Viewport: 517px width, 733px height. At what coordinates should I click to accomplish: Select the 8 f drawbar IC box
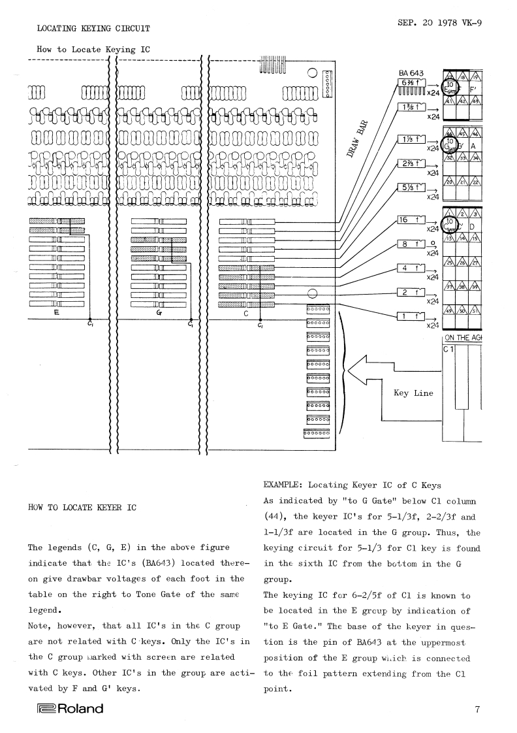click(x=411, y=245)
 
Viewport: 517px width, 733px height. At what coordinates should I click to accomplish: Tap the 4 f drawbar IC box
click(x=411, y=269)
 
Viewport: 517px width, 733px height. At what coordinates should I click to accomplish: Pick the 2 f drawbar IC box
click(x=411, y=293)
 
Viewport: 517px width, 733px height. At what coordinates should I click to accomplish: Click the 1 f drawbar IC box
click(x=411, y=317)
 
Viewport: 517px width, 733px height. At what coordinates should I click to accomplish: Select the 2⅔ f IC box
click(x=411, y=165)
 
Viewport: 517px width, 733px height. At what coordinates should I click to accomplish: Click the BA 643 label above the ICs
click(x=411, y=73)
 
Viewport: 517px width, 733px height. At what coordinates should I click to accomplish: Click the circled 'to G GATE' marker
click(x=450, y=144)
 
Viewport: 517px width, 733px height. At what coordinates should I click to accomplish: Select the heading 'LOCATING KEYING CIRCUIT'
click(x=93, y=29)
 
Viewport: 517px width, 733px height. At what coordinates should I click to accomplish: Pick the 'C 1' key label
click(x=449, y=350)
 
